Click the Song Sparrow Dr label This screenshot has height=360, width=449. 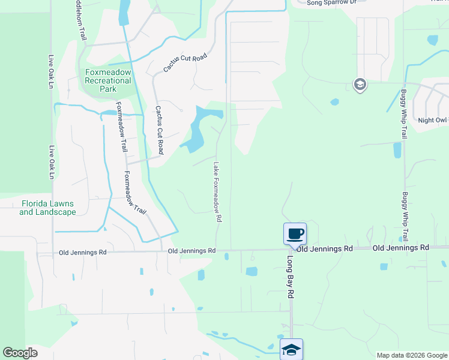tap(331, 3)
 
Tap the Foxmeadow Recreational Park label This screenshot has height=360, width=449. tap(107, 80)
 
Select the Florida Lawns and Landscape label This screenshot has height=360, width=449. tap(47, 208)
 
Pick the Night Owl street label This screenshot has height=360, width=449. tap(433, 121)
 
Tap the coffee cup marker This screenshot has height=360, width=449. tap(295, 233)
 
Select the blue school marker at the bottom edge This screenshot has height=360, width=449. tap(291, 349)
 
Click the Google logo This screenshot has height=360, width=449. tap(20, 353)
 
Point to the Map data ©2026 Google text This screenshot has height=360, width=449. tap(411, 355)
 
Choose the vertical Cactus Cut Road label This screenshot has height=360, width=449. tap(159, 130)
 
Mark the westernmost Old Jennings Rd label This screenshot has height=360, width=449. tap(82, 253)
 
